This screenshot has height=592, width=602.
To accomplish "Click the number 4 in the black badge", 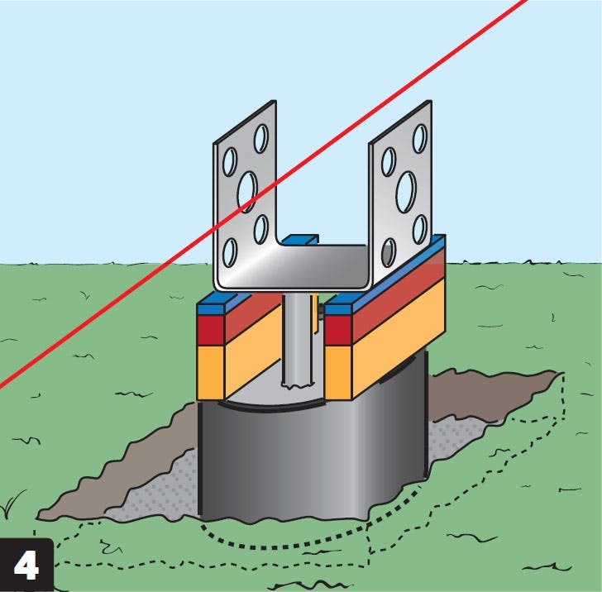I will tap(26, 565).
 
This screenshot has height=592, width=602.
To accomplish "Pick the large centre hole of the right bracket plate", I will tap(405, 190).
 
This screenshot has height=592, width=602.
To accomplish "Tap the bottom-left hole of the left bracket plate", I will tap(229, 251).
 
